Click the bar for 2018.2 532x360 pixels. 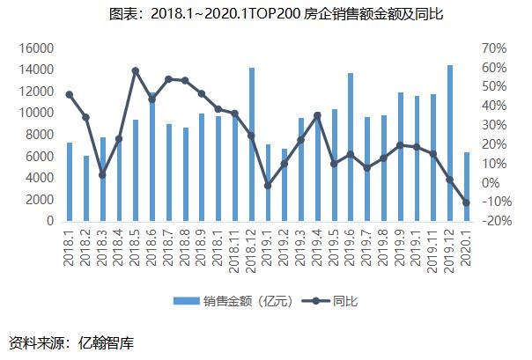coord(86,188)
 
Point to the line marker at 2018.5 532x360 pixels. coord(136,70)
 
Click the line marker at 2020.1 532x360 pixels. coord(467,202)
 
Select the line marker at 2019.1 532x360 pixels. coord(269,186)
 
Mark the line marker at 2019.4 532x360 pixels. coord(317,115)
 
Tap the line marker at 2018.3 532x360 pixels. coord(102,175)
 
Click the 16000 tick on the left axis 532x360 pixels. coord(35,48)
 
